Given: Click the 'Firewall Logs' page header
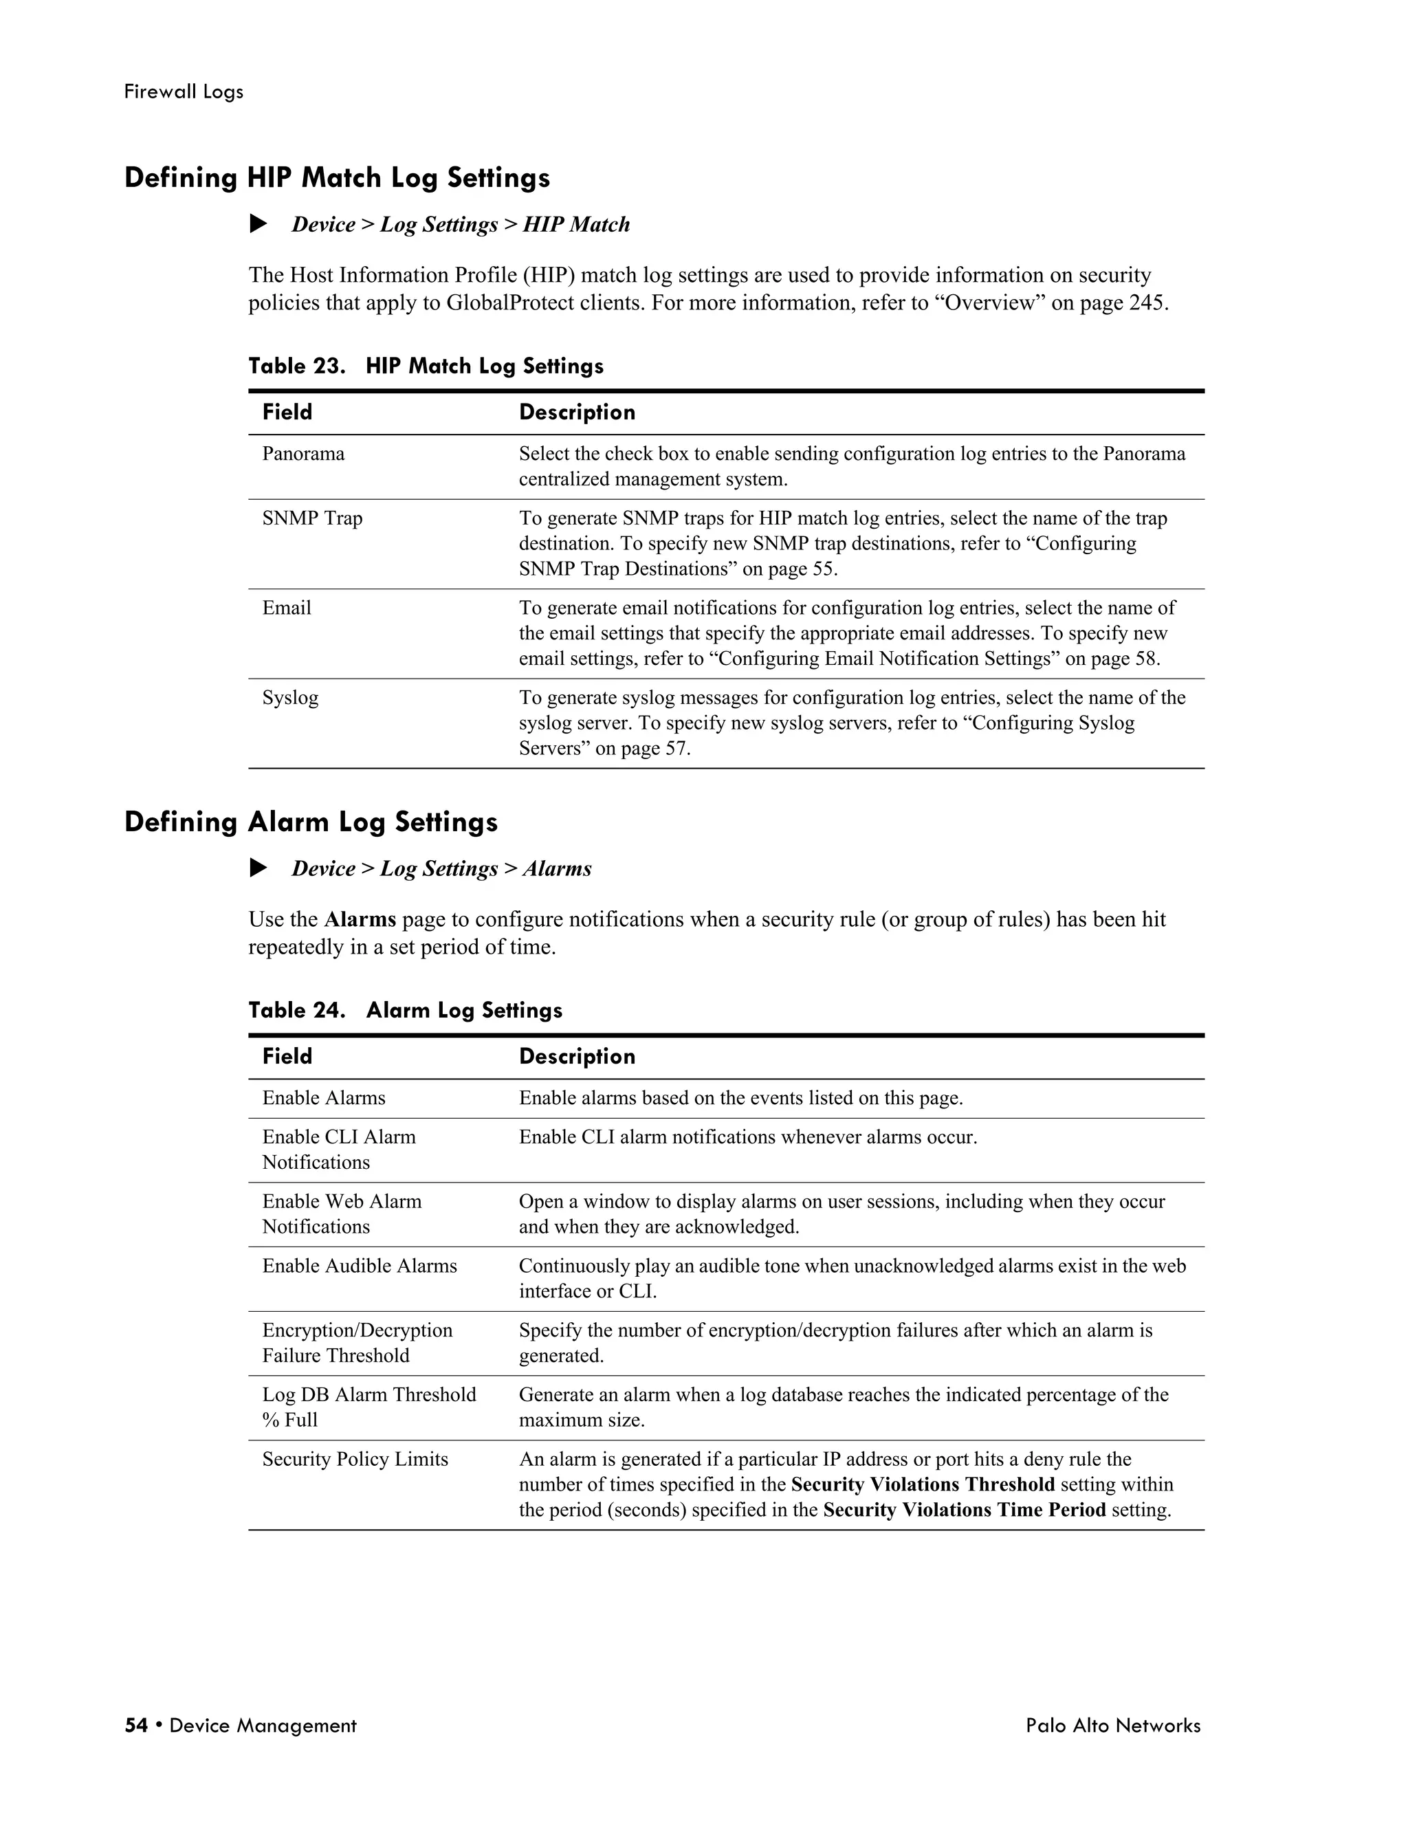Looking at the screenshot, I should pos(184,91).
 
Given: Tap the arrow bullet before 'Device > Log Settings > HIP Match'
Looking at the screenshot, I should pos(258,223).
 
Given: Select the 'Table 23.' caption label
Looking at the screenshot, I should pos(296,366).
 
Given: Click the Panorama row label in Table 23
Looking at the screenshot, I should pos(302,454).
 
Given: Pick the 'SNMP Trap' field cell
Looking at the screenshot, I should pos(312,518).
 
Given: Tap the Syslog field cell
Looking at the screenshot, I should pos(290,697).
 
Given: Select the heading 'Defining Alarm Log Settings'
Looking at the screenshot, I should pos(311,822).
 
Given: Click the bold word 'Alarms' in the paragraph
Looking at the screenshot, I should pos(360,919).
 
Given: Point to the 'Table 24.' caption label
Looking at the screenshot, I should pos(296,1010).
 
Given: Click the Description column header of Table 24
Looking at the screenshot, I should pos(577,1056).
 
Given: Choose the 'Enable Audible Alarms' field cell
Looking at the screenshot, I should pos(360,1266).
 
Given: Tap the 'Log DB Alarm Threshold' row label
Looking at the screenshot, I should pos(368,1395).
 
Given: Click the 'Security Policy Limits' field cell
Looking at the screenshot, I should pos(355,1459).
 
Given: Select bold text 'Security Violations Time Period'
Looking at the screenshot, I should pos(965,1510).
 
